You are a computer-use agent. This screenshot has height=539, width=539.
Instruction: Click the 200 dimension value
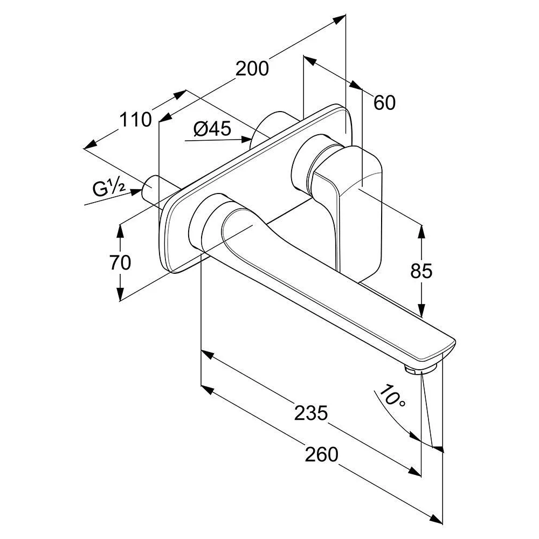click(x=252, y=68)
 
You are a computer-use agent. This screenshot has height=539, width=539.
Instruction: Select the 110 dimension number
click(x=135, y=120)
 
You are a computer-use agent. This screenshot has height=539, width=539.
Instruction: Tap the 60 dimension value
click(x=384, y=102)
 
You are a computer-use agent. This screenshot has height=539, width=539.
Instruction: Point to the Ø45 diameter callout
click(x=212, y=129)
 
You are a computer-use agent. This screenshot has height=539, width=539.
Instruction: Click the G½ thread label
click(x=108, y=188)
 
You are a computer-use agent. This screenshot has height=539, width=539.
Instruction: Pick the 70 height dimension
click(x=120, y=262)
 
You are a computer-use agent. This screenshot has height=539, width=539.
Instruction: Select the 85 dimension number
click(x=421, y=271)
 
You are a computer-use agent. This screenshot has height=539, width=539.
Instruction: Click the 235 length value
click(x=311, y=413)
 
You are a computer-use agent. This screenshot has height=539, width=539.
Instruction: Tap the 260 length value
click(x=321, y=454)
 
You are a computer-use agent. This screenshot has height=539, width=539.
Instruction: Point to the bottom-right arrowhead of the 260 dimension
click(x=436, y=520)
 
